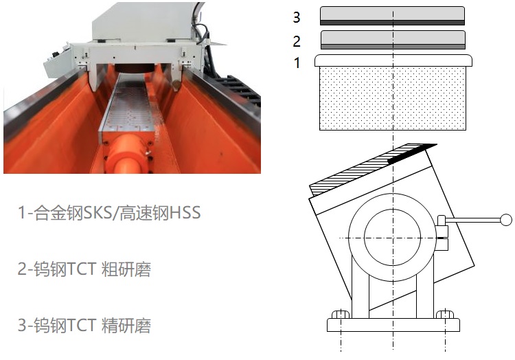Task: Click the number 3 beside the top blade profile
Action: point(297,17)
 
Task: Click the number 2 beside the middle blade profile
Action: point(297,41)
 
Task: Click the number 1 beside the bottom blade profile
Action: point(297,63)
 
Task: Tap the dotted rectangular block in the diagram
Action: point(393,98)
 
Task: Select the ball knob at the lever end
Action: point(506,220)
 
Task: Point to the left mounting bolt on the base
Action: point(341,315)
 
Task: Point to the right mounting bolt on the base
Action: point(445,315)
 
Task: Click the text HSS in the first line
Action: point(185,212)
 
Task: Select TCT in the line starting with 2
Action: point(82,269)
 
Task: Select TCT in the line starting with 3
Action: point(82,325)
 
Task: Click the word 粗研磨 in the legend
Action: point(126,269)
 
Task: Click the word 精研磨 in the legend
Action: point(126,325)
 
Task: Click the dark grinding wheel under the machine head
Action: point(133,68)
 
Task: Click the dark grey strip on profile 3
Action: point(393,23)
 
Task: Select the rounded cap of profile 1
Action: point(393,60)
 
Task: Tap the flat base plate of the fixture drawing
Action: point(393,325)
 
